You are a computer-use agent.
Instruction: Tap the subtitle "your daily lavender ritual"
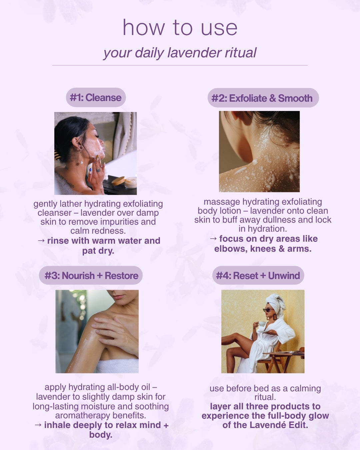pos(180,53)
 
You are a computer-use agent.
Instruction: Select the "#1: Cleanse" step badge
pos(96,98)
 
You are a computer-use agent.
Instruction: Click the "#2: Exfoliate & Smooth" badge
pos(263,98)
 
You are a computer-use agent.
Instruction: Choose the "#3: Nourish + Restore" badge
pos(91,276)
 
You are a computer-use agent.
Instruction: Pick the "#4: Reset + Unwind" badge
pos(258,276)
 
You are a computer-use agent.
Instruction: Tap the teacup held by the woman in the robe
pos(262,324)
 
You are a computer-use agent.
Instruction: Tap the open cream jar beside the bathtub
pos(130,182)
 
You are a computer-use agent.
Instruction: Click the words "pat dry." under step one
pos(98,251)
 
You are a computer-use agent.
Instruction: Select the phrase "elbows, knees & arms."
pos(263,249)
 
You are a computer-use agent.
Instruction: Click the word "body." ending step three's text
pos(101,435)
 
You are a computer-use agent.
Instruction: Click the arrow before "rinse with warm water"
pos(41,241)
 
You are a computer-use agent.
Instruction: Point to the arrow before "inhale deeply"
pos(38,425)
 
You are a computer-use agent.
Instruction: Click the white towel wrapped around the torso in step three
pos(117,366)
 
